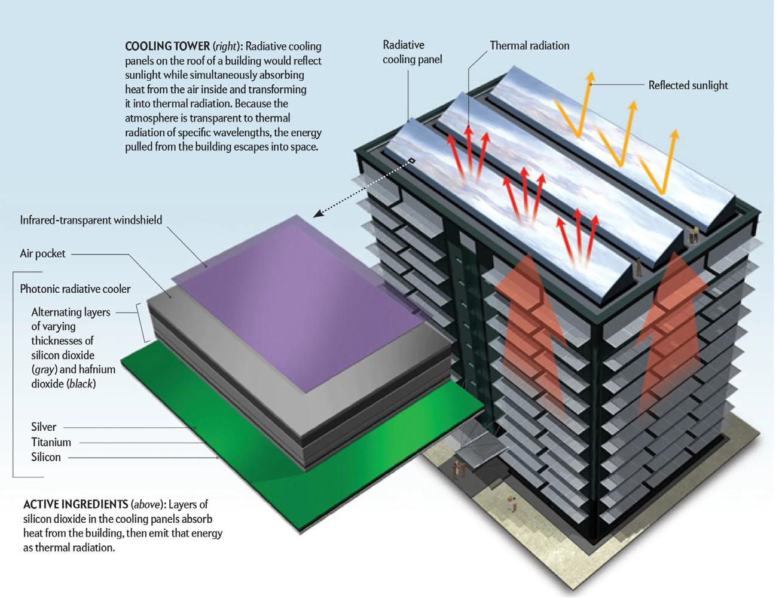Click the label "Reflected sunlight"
(688, 85)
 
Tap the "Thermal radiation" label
(529, 45)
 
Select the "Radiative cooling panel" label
(412, 52)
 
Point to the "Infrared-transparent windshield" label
(91, 220)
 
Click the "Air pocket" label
(42, 253)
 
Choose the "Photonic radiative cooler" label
(75, 289)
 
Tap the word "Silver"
(44, 427)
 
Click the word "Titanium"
(51, 442)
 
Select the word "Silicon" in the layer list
(46, 457)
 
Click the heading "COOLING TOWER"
(167, 46)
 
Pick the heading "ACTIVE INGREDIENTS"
(75, 504)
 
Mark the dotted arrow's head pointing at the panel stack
(317, 213)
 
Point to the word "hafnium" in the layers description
(96, 369)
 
